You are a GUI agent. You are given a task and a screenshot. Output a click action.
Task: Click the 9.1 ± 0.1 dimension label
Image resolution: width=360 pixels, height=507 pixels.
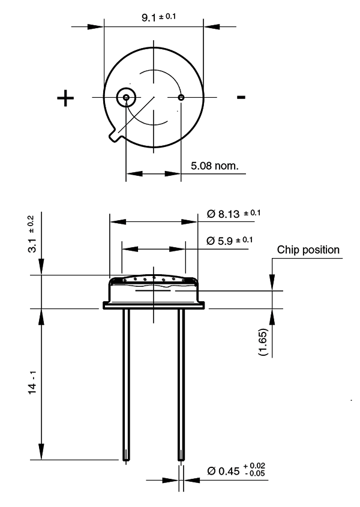coord(159,17)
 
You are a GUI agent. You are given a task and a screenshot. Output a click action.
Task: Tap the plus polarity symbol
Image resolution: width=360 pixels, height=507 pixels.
coord(66,98)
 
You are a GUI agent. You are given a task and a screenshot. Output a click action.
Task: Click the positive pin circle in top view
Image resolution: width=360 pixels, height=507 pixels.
coord(126,97)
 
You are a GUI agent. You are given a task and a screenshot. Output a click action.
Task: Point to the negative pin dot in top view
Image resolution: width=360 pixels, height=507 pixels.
coord(181,97)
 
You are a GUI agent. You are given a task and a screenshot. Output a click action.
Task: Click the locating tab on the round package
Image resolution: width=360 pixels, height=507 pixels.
coord(115,136)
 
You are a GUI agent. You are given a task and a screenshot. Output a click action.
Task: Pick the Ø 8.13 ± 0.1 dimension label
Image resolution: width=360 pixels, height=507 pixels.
coord(233,214)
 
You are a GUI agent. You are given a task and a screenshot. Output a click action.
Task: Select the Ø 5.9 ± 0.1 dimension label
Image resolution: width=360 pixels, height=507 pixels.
coord(229,241)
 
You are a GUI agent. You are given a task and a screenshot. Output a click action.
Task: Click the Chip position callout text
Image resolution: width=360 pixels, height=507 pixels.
coord(308,250)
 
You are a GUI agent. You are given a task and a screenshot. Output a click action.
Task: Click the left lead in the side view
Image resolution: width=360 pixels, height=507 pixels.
coord(126,384)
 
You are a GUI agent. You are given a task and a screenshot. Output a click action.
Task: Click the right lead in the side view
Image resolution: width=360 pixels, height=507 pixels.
coord(181,384)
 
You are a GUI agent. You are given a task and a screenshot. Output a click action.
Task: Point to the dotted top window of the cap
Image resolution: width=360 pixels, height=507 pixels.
coord(154,279)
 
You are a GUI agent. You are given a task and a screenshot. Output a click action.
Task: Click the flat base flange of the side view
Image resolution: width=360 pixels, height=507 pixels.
coord(154,306)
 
